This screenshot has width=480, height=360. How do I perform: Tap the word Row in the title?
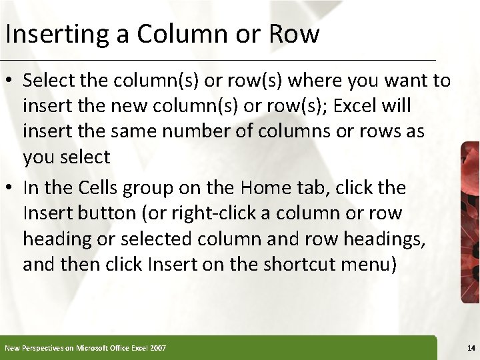pos(294,33)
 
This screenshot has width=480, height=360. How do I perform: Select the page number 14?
pos(471,348)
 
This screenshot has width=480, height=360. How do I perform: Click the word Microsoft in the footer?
pos(94,348)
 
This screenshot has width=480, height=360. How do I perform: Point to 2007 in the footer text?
pos(158,348)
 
